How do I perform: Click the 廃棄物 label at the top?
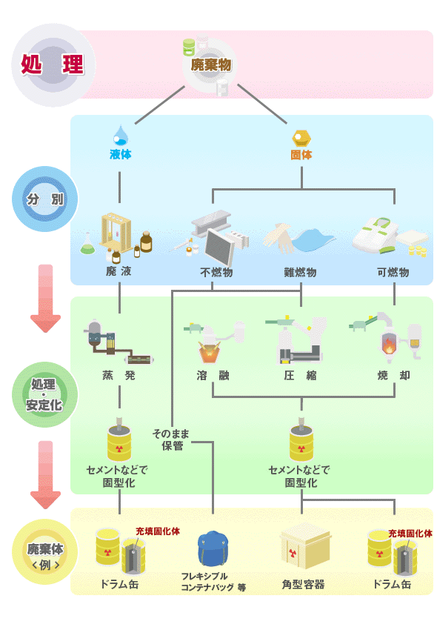click(211, 64)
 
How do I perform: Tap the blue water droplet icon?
click(120, 136)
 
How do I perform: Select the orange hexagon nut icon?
click(301, 139)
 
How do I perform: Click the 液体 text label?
click(121, 154)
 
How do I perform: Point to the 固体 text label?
click(301, 155)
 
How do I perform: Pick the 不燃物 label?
click(216, 273)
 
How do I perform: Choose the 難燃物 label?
click(301, 273)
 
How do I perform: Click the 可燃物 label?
click(393, 273)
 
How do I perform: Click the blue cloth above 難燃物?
click(313, 240)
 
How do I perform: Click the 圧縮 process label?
click(301, 375)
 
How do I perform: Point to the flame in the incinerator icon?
click(389, 344)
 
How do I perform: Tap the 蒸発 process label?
click(119, 375)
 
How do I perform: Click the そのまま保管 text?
click(170, 440)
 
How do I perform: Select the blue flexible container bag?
click(213, 548)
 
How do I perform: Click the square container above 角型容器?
click(305, 546)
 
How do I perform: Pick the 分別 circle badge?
click(45, 199)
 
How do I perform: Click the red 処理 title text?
click(53, 64)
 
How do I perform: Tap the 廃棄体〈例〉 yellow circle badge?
click(45, 551)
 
